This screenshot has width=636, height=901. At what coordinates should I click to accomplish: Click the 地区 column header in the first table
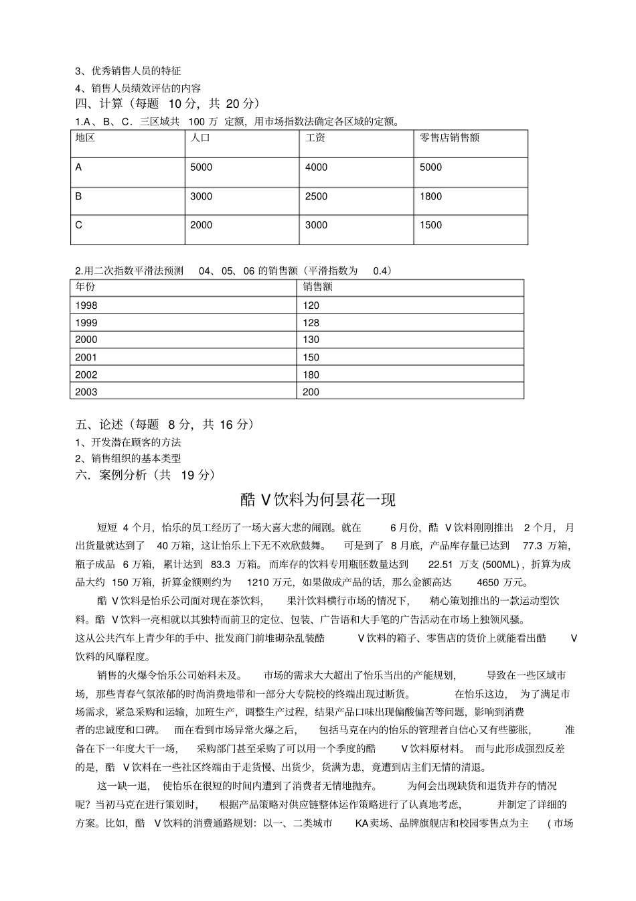(85, 138)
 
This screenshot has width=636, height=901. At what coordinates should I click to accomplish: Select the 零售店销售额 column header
(449, 138)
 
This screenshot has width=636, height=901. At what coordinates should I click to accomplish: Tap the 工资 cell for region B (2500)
(316, 196)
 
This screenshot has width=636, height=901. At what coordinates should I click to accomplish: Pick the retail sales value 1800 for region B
(430, 196)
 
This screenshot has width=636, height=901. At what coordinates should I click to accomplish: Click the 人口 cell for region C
(201, 225)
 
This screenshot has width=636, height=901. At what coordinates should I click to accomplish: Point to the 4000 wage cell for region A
(316, 167)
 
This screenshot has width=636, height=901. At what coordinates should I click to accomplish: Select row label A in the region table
(79, 167)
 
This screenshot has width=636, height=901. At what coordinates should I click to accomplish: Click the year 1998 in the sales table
(86, 305)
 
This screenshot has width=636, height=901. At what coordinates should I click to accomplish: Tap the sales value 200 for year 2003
(311, 393)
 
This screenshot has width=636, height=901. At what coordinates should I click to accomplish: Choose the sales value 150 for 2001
(311, 358)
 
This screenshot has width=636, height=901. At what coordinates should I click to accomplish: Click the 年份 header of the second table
(85, 287)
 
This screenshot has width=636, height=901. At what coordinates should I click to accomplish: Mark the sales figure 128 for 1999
(311, 323)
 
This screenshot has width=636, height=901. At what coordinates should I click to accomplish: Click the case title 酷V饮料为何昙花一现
(318, 500)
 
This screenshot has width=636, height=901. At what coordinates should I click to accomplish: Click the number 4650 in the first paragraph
(487, 582)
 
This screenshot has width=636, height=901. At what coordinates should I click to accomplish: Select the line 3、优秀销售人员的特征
(128, 71)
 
